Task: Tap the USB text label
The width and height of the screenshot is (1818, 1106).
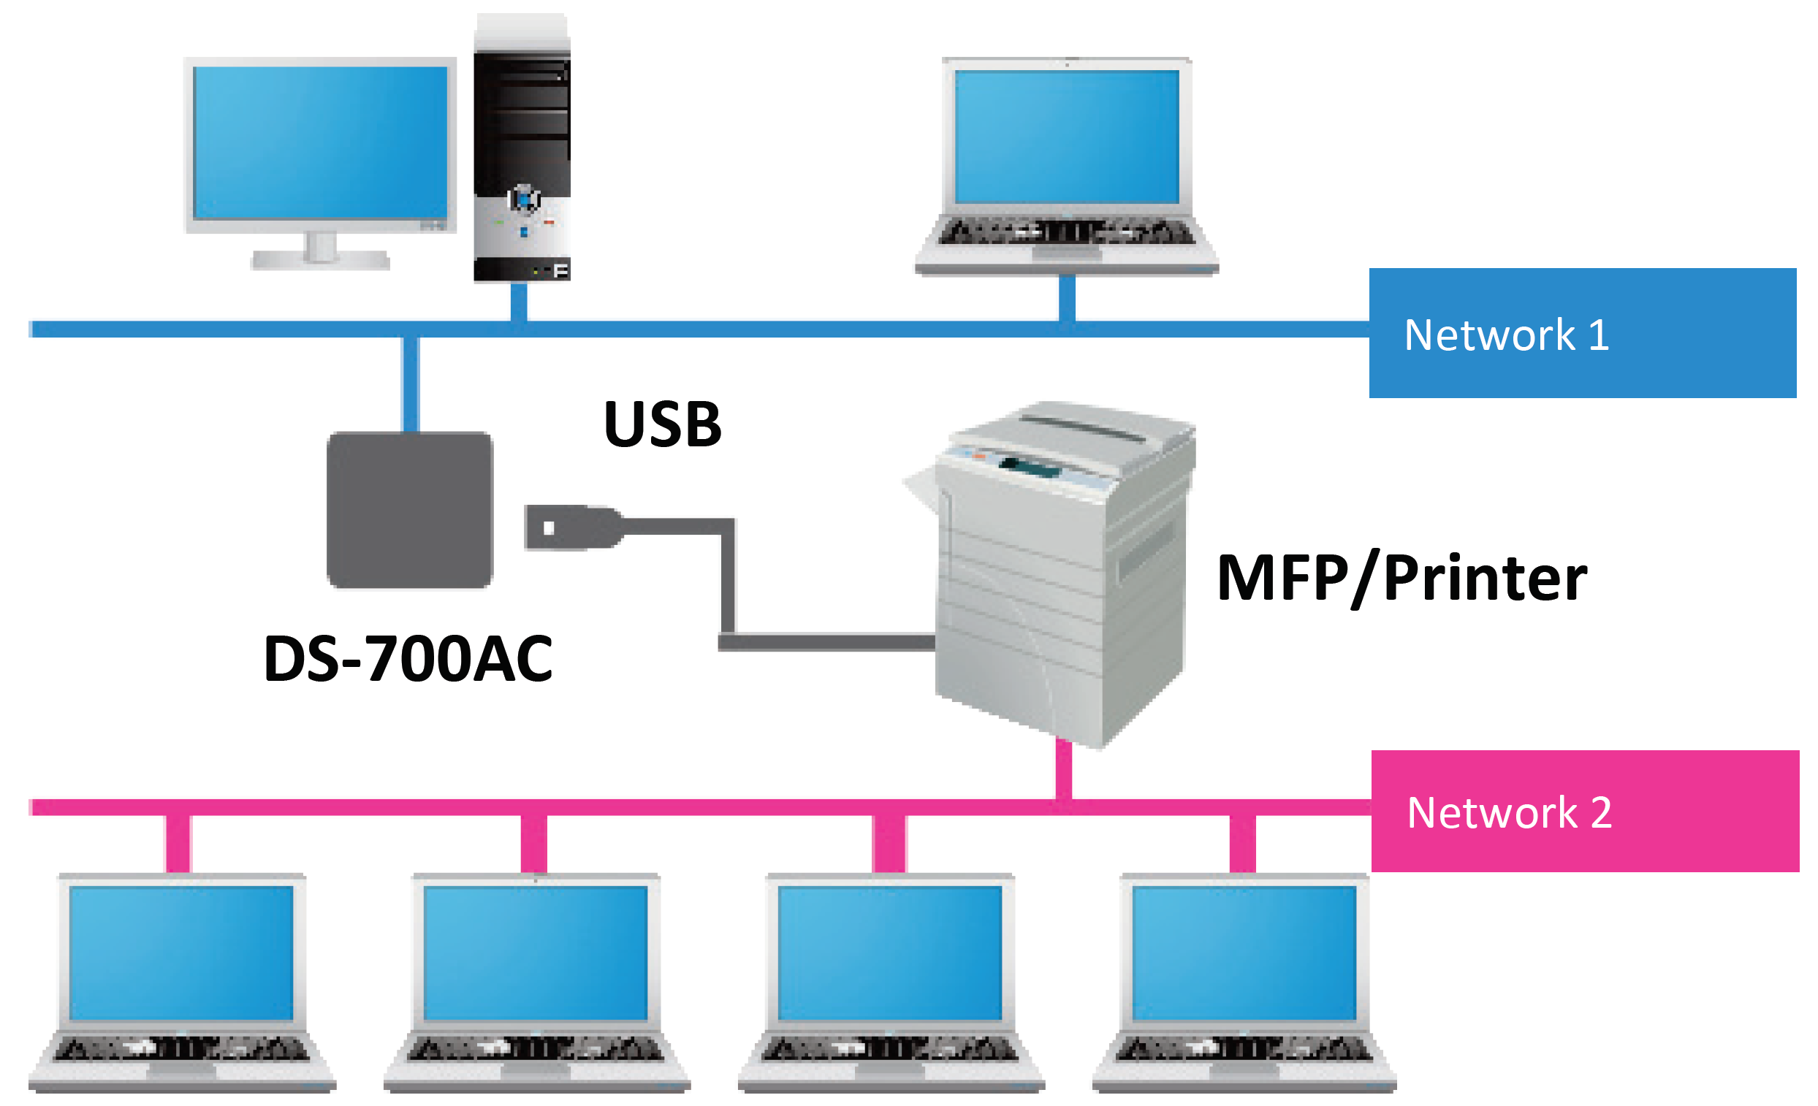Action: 662,425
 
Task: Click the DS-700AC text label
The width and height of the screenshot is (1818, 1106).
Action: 407,659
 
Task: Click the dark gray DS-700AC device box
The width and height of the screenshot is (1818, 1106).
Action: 409,510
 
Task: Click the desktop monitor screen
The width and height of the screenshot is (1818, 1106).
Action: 319,142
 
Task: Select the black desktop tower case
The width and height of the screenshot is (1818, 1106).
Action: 522,148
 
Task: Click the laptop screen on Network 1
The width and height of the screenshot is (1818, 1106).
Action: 1066,137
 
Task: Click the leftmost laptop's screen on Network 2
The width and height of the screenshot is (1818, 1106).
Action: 181,953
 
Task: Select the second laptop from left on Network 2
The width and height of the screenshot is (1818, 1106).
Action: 536,981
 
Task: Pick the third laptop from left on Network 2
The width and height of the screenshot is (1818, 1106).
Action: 891,981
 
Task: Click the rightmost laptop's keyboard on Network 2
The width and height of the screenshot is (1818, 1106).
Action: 1244,1048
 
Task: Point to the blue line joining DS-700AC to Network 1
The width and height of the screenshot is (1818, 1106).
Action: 411,384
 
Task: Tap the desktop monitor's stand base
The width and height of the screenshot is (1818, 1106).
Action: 320,260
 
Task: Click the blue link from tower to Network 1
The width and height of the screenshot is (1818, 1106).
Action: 519,302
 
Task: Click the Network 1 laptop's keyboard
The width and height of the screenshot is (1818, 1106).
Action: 1066,232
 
